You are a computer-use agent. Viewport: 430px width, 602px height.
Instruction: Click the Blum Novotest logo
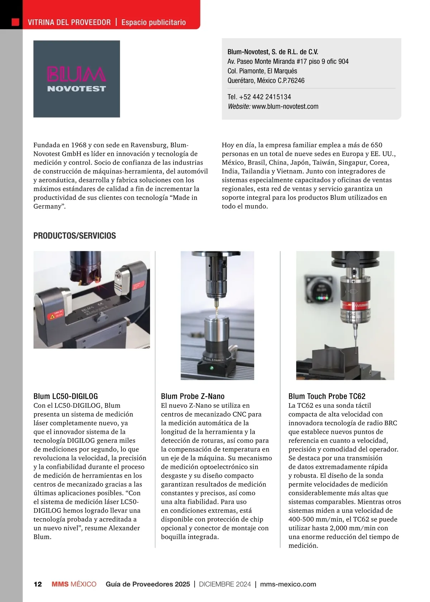(x=77, y=79)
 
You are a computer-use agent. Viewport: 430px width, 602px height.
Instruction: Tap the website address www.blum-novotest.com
(x=285, y=106)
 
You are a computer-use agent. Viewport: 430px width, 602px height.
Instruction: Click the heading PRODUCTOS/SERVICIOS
(x=75, y=236)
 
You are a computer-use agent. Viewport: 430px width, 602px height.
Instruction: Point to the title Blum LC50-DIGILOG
(x=66, y=396)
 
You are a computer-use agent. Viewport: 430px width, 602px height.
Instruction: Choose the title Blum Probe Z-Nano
(x=193, y=396)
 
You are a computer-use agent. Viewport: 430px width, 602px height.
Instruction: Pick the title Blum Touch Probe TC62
(x=327, y=396)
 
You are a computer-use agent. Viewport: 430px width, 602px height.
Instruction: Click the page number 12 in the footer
(x=38, y=584)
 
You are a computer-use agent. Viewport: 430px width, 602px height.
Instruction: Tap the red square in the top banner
(x=15, y=22)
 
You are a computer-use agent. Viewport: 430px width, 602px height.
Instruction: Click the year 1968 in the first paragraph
(x=79, y=145)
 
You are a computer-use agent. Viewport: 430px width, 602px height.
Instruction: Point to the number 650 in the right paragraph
(x=376, y=145)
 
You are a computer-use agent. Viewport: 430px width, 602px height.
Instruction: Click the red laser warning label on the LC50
(x=56, y=316)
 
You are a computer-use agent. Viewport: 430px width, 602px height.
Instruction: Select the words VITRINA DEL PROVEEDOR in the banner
(x=69, y=22)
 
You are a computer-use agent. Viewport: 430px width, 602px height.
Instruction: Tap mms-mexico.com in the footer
(x=288, y=584)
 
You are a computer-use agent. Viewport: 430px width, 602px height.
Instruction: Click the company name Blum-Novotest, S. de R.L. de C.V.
(x=273, y=52)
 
